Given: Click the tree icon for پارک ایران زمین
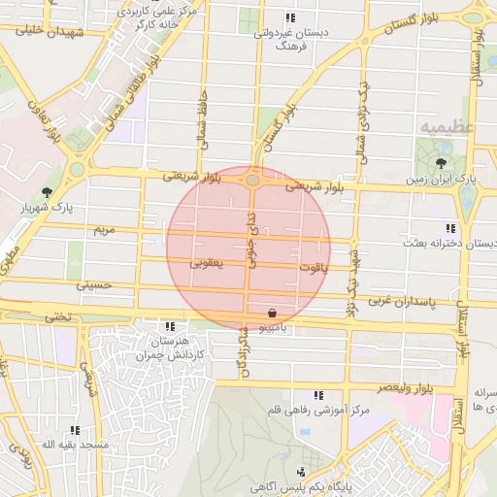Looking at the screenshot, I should tap(443, 163).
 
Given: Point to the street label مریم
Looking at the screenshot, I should tap(102, 230).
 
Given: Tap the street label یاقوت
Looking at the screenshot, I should tap(314, 266).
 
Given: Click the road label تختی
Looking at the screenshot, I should tap(60, 315).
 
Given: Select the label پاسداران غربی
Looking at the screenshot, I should tap(402, 302).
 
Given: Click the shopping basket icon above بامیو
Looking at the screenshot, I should tap(273, 313).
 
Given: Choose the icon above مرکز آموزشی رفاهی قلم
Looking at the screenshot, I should tap(318, 394).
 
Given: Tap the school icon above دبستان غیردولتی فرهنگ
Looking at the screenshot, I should tap(289, 17).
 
